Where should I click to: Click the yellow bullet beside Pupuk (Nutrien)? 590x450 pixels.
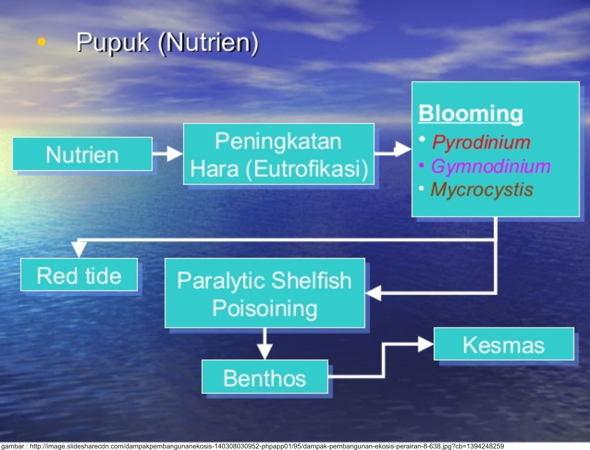[42, 42]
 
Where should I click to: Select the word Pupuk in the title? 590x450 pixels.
[113, 43]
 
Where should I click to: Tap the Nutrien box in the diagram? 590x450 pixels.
[82, 154]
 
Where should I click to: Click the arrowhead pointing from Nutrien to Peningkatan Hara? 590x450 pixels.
[174, 153]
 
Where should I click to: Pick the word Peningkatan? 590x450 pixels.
[278, 141]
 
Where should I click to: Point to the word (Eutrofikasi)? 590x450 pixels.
[307, 169]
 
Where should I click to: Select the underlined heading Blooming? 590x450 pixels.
[471, 113]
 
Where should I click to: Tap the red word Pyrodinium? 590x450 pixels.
[481, 142]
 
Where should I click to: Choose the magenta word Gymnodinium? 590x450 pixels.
[490, 166]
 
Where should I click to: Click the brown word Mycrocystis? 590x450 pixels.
[482, 190]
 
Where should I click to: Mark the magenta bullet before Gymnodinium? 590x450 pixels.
[421, 165]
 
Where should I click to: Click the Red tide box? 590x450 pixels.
[79, 275]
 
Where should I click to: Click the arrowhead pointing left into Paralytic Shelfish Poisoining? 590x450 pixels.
[374, 293]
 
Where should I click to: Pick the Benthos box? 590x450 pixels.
[264, 378]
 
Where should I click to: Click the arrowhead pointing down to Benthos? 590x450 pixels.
[265, 351]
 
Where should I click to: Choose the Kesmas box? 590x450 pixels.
[503, 345]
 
